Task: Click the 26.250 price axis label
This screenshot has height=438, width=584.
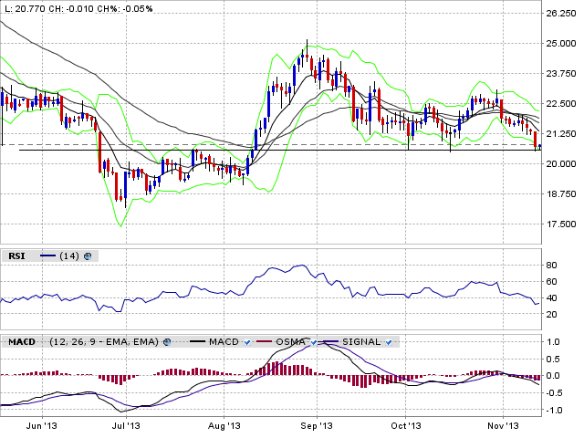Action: pyautogui.click(x=560, y=14)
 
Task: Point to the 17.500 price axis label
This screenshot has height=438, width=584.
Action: pyautogui.click(x=560, y=224)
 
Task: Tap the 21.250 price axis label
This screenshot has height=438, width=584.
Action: pyautogui.click(x=560, y=134)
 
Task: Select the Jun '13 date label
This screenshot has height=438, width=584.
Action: pyautogui.click(x=43, y=426)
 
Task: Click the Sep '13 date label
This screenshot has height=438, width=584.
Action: pyautogui.click(x=318, y=426)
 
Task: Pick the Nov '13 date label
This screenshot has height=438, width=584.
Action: pyautogui.click(x=503, y=426)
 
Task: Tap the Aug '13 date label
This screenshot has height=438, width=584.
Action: pyautogui.click(x=224, y=426)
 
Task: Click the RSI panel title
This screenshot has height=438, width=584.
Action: pyautogui.click(x=16, y=256)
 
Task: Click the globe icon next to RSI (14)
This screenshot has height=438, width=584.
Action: pyautogui.click(x=88, y=256)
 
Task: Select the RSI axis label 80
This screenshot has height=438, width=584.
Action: pyautogui.click(x=551, y=266)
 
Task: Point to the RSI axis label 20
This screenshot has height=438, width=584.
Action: pyautogui.click(x=551, y=314)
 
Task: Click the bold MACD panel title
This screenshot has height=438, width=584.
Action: pyautogui.click(x=22, y=342)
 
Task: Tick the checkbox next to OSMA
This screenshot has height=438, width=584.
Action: pyautogui.click(x=313, y=342)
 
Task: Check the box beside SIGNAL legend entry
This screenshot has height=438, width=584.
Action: pyautogui.click(x=389, y=342)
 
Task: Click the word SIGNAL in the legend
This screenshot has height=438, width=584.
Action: pyautogui.click(x=361, y=342)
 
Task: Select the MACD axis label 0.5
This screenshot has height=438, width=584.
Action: pyautogui.click(x=553, y=359)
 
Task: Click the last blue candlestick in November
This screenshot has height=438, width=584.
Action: pyautogui.click(x=539, y=146)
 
